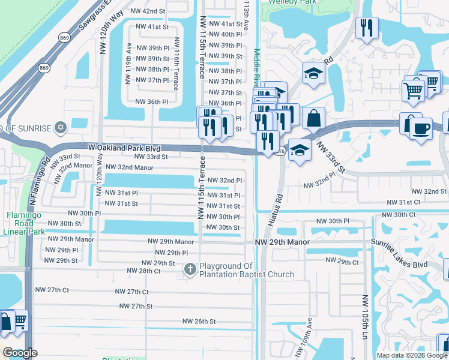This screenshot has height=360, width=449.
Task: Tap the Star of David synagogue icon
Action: [x=59, y=127]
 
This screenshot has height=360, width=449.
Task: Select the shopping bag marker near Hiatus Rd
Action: [x=314, y=118]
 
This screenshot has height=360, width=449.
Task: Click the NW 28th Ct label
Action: [x=143, y=271]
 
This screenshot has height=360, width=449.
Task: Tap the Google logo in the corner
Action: [x=20, y=353]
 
